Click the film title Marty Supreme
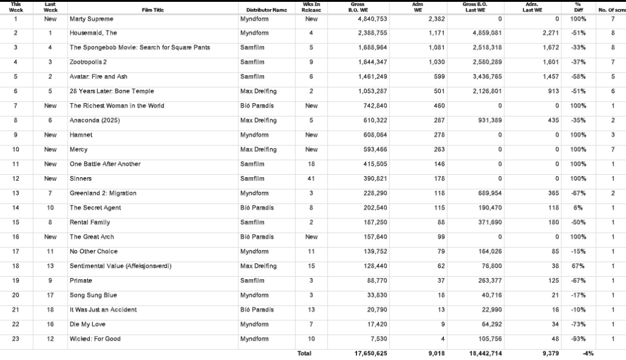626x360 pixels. coord(91,19)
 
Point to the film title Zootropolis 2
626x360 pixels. coord(88,62)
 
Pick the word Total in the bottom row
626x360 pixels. coord(304,353)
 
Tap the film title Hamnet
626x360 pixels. coord(81,134)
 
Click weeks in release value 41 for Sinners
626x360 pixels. coord(311,178)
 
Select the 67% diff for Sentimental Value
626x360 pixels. coord(578,266)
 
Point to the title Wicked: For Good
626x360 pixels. coord(95,339)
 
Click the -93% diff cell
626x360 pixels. coord(578,339)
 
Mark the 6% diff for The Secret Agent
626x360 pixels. coord(578,208)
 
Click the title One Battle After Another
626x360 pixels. coord(105,164)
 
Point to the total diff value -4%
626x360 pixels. coord(587,353)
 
